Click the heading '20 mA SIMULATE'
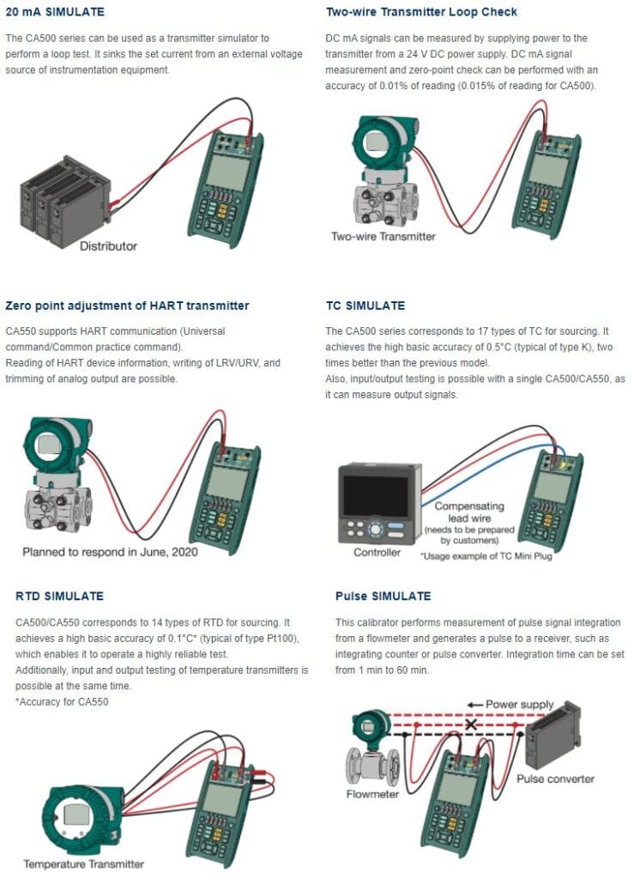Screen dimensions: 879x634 [55, 12]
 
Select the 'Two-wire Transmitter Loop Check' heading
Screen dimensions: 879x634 [421, 12]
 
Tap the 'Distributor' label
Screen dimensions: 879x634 [108, 246]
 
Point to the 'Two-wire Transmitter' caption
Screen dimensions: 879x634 [383, 236]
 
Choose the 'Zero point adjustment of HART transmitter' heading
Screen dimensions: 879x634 [127, 306]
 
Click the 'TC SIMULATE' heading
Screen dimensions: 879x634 [365, 306]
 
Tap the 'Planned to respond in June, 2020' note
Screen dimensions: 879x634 [110, 552]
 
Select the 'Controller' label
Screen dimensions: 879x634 [377, 552]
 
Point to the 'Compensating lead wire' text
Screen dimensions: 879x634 [468, 512]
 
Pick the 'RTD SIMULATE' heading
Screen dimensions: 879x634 [60, 596]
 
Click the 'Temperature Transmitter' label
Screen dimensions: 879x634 [83, 864]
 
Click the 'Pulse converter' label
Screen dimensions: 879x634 [555, 779]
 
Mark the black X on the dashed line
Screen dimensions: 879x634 [469, 724]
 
